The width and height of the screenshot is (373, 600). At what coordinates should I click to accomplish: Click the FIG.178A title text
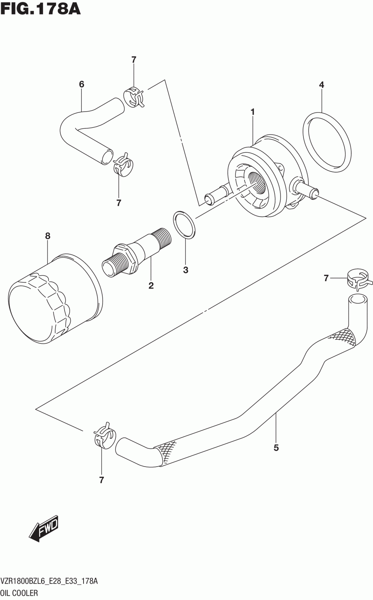pos(40,9)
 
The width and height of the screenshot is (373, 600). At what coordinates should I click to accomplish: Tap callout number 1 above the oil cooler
pos(253,112)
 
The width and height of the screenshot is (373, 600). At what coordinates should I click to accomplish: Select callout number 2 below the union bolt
pos(151,286)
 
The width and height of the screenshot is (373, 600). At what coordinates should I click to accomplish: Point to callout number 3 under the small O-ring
pos(186,270)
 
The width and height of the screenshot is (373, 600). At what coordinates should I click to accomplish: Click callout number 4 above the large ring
pos(322,85)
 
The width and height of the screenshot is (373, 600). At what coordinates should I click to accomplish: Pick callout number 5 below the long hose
pos(276,448)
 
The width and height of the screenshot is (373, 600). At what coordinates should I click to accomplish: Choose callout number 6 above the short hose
pos(82,84)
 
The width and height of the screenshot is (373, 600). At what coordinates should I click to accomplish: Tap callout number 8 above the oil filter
pos(48,236)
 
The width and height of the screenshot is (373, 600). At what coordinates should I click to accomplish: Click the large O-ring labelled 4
pos(326,142)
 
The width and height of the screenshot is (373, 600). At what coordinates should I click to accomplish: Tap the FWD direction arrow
pos(44,529)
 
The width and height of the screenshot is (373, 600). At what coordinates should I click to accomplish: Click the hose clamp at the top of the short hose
pos(133,97)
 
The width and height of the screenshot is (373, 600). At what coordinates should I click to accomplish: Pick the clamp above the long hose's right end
pos(359,279)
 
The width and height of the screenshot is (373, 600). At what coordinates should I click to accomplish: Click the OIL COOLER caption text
pos(19,593)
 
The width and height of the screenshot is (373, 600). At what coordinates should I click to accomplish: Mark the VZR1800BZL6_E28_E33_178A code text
pos(49,581)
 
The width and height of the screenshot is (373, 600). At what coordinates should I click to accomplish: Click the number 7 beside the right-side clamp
pos(326,278)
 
